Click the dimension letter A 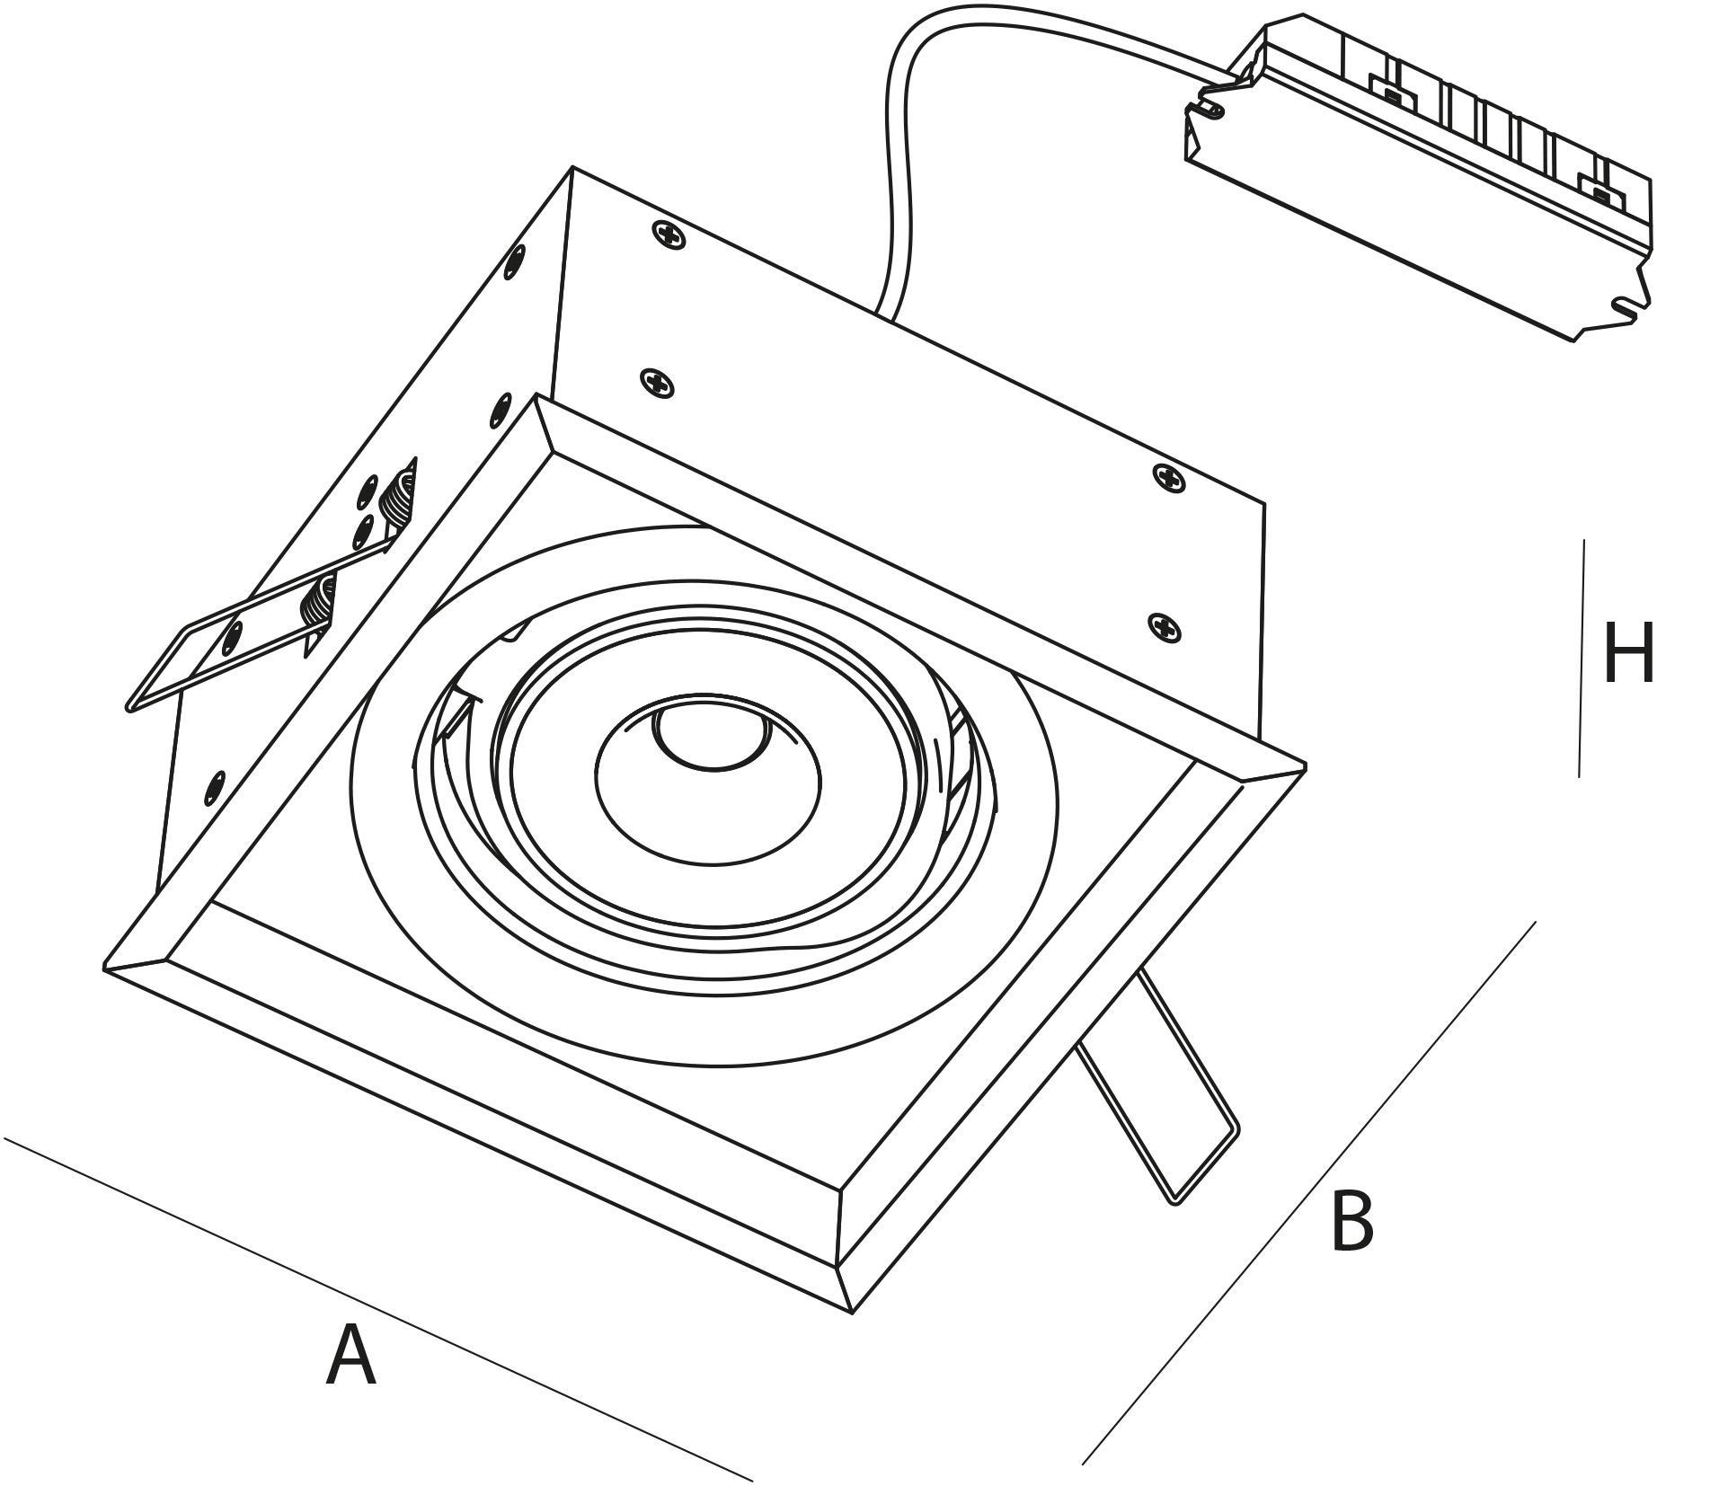click(x=350, y=1356)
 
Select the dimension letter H click(x=1628, y=653)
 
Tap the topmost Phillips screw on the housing click(x=667, y=234)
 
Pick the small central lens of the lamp click(x=712, y=735)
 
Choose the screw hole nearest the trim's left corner click(x=216, y=787)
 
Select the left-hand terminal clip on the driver click(x=1390, y=91)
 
